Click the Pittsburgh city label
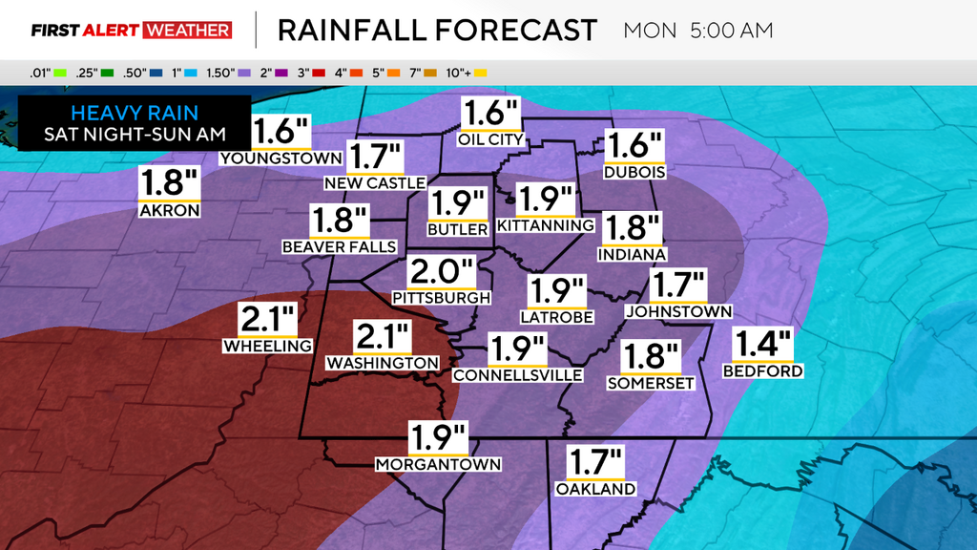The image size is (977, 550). click(441, 297)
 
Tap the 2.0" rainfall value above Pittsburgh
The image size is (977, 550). click(441, 271)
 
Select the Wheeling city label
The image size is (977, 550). click(268, 346)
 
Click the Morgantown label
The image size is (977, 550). click(439, 464)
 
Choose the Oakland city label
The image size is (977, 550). click(595, 489)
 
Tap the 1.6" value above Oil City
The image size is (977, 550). click(490, 114)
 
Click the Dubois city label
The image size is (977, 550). click(634, 173)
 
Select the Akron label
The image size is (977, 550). click(169, 210)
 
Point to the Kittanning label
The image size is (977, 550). click(546, 224)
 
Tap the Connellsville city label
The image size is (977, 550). click(517, 375)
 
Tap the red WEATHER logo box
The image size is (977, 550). click(187, 30)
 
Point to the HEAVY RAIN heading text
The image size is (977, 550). click(135, 113)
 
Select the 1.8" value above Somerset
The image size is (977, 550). click(651, 357)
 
